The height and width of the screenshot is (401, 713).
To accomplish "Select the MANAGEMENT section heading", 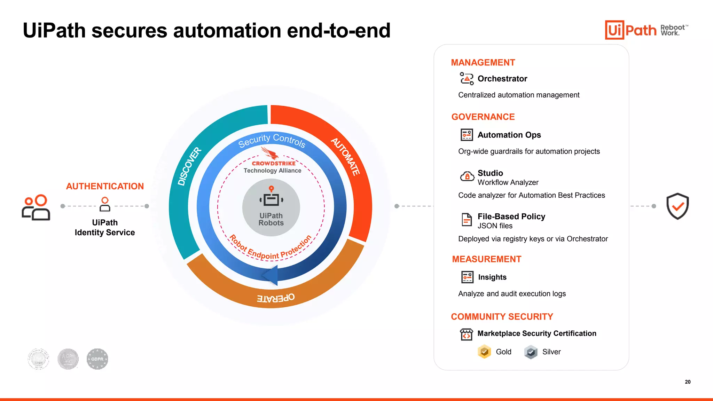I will (x=483, y=63).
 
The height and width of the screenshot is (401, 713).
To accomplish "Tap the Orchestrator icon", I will (x=467, y=79).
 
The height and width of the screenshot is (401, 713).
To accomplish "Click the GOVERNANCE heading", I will (x=483, y=117).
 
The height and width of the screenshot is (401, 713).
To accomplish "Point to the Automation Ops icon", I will (x=467, y=135).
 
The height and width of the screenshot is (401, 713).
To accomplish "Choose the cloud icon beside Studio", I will (x=467, y=176).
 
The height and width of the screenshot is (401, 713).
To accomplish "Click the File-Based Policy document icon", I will (x=467, y=220).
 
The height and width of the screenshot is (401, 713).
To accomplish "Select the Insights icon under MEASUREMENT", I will (x=467, y=277).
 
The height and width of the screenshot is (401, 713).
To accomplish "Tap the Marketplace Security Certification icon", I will (x=467, y=334).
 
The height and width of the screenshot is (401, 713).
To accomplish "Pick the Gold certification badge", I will (x=484, y=352).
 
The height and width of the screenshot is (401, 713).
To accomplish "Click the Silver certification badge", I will (x=531, y=352).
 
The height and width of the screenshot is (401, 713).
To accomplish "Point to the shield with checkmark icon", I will (x=677, y=206).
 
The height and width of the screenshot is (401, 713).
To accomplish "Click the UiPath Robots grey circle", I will (x=271, y=207).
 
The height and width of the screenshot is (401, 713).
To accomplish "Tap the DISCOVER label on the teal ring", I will (x=189, y=166).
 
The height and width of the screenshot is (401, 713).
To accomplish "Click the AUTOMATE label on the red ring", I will (x=345, y=157).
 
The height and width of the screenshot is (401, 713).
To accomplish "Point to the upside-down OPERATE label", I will (x=276, y=298).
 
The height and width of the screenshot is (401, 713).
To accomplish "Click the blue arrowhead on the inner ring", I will (x=270, y=275).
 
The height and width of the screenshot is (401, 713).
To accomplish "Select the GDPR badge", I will (x=97, y=359).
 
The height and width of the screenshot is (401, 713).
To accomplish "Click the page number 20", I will (x=688, y=382).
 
